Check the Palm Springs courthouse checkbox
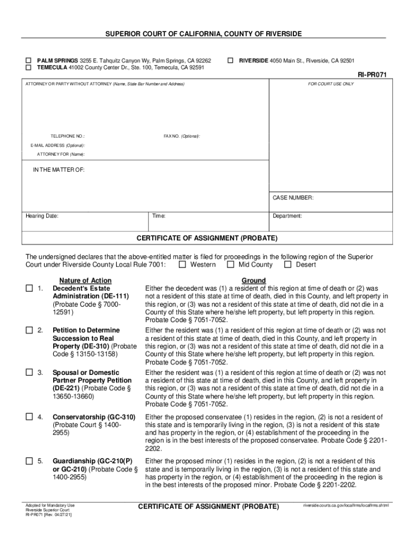tap(29, 61)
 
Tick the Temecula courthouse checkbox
tap(29, 68)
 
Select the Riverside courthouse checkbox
tap(231, 61)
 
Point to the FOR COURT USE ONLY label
tap(331, 84)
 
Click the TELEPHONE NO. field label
tap(68, 136)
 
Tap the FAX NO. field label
tap(182, 136)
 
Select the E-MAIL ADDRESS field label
tap(57, 145)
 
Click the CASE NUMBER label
tap(293, 198)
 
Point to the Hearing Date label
tap(42, 216)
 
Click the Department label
tap(288, 216)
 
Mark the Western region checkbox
tap(182, 264)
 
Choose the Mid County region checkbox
tap(231, 264)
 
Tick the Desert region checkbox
tap(288, 264)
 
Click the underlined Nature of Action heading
tap(85, 280)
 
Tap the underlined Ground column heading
tap(253, 280)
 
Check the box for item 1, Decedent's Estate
tap(29, 288)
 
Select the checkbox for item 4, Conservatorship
tap(29, 417)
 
